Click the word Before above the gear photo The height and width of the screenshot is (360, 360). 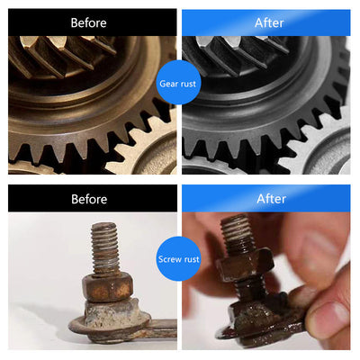click(x=88, y=22)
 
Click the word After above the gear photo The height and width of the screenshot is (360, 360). click(x=269, y=22)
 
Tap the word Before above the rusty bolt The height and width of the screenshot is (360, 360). click(x=89, y=199)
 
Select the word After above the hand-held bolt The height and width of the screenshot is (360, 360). click(x=271, y=199)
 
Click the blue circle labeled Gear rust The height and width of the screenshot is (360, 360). click(x=178, y=82)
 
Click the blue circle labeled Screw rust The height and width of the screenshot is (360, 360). click(x=178, y=258)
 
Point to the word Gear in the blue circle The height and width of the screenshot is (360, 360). click(x=168, y=84)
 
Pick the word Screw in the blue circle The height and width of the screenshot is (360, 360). click(x=169, y=259)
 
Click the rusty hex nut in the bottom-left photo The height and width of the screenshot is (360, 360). click(x=107, y=287)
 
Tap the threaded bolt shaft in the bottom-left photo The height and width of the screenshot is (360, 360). click(x=105, y=248)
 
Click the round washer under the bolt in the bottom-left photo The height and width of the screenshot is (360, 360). click(x=110, y=326)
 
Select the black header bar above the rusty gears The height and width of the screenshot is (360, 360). click(x=93, y=22)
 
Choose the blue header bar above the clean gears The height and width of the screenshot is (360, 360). click(x=266, y=22)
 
